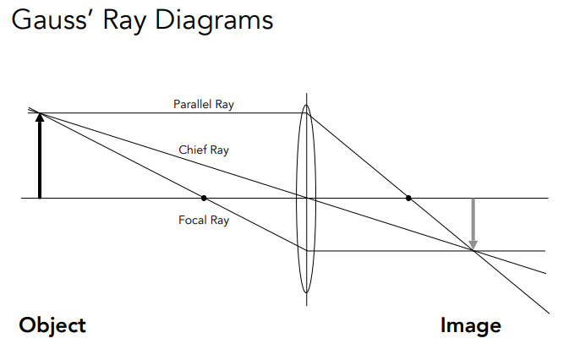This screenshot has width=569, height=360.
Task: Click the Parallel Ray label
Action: coord(204,105)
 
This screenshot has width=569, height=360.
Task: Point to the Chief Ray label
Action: coord(204,150)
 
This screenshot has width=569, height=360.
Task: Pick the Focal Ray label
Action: coord(204,221)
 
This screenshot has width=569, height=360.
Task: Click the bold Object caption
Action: coord(52,325)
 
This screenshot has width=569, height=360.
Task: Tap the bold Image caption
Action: coord(471,325)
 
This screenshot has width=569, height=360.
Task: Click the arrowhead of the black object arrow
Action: coord(39,117)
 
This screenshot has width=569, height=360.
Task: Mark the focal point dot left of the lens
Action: coord(204,198)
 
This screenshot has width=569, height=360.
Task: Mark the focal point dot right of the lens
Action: coord(408,198)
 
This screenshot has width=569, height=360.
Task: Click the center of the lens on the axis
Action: coord(306,198)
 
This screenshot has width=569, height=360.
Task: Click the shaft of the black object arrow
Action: coord(39,161)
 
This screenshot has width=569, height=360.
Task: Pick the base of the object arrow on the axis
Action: coord(39,197)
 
